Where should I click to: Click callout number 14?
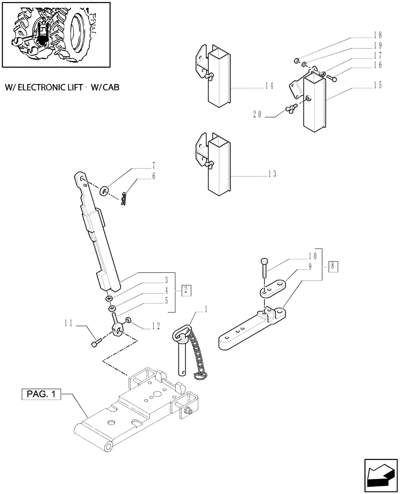coord(269,86)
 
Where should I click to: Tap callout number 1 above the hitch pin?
coord(206,310)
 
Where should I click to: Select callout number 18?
coord(378,35)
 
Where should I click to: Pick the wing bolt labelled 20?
coord(289,110)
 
